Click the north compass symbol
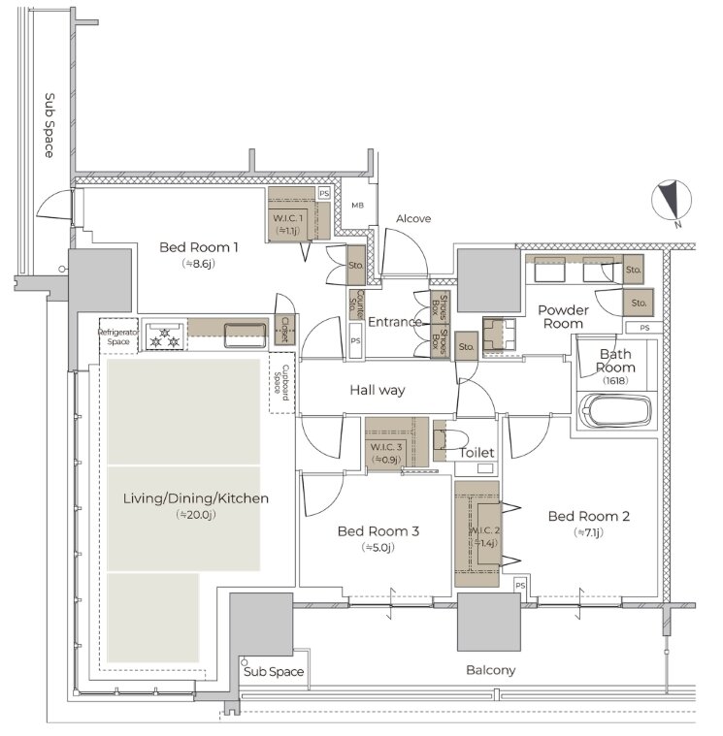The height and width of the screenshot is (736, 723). [x=672, y=201]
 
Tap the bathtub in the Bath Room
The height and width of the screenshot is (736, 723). [x=615, y=412]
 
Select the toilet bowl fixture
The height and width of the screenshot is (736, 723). [x=451, y=440]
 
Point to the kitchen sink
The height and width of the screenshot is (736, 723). [x=246, y=336]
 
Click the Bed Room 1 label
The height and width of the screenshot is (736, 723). [x=198, y=247]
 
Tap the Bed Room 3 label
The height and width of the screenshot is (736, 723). [x=378, y=530]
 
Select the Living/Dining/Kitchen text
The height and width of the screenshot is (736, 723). [x=195, y=498]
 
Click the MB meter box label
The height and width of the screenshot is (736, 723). [x=357, y=206]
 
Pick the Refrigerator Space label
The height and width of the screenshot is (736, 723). [x=118, y=336]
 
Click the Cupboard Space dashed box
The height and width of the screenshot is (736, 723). [x=281, y=382]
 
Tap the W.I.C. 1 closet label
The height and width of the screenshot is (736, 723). [x=287, y=218]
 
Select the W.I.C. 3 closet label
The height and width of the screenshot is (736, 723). [x=385, y=447]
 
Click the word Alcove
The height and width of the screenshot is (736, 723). [x=413, y=218]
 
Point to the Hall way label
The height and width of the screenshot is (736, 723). [x=378, y=390]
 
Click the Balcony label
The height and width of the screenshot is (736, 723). [x=490, y=670]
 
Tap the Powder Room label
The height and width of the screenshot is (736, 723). [x=563, y=316]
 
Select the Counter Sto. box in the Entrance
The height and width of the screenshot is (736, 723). [x=356, y=304]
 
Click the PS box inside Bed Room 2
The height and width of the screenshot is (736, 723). [x=520, y=586]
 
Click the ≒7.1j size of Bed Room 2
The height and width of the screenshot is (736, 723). [x=588, y=532]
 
